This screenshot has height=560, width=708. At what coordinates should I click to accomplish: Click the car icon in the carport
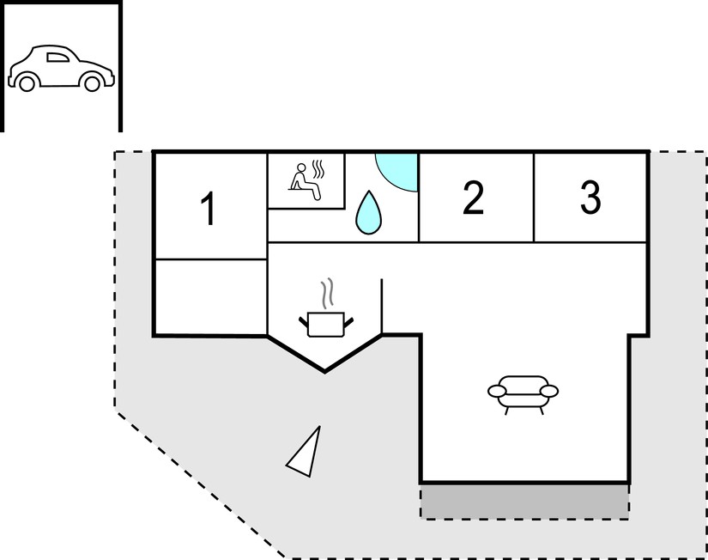(62, 68)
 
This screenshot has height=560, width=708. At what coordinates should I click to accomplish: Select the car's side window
(57, 58)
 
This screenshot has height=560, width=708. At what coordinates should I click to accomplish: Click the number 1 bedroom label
(209, 208)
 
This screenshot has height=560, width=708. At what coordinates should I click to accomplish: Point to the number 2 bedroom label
(473, 198)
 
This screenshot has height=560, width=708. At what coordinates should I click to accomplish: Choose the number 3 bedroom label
(590, 198)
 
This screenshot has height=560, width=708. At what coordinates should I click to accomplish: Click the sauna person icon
(305, 181)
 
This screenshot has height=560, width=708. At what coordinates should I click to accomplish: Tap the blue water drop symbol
(368, 212)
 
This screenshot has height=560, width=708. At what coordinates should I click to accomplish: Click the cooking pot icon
(326, 325)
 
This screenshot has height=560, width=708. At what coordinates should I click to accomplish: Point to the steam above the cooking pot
(328, 293)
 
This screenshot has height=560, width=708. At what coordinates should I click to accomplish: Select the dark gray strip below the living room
(524, 502)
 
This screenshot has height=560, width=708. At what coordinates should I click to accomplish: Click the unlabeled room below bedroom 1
(211, 297)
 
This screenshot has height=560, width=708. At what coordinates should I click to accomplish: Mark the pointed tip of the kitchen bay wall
(324, 372)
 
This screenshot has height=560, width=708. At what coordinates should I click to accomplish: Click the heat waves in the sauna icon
(318, 169)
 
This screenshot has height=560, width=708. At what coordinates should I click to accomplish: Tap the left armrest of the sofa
(497, 391)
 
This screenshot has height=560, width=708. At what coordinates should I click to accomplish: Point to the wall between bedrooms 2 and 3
(534, 198)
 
